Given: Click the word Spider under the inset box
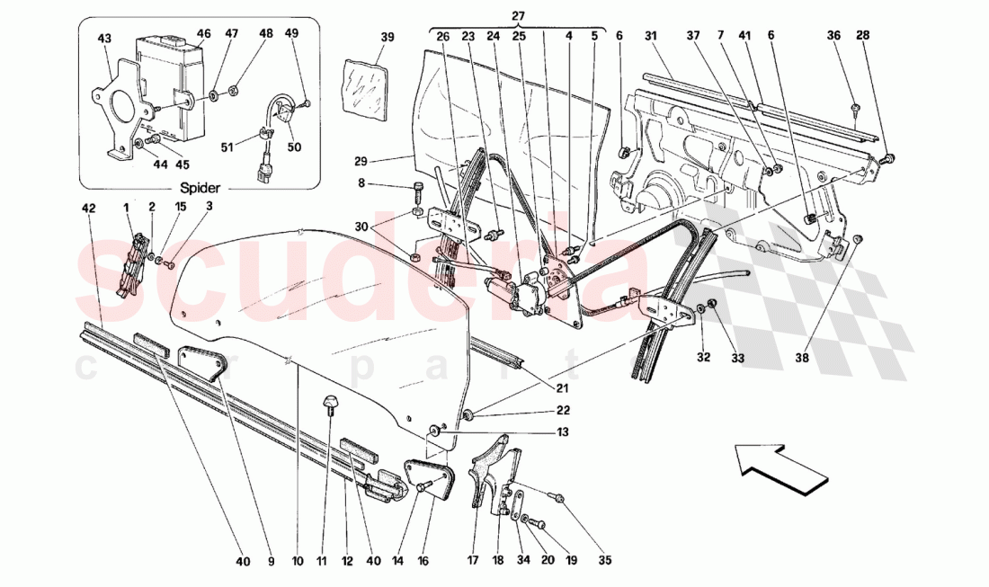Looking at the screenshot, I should (x=200, y=190).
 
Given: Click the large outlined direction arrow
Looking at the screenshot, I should (x=780, y=467).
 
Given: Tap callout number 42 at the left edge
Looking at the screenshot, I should (x=87, y=209).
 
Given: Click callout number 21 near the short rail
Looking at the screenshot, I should (x=561, y=388).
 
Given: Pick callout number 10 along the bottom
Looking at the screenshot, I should (x=298, y=561).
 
